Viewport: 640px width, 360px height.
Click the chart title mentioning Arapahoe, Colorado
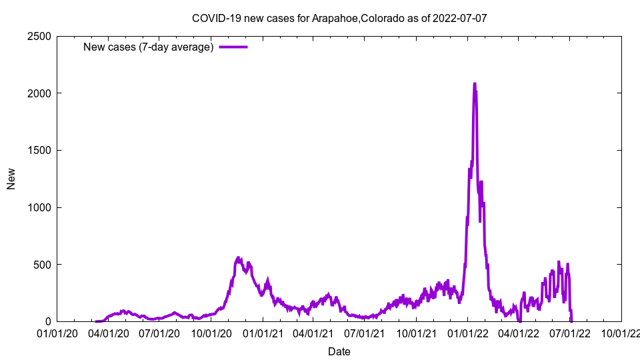(339, 18)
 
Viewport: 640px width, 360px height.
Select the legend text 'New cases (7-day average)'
(148, 47)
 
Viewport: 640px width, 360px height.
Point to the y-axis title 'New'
(11, 179)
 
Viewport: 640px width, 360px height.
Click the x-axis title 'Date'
(339, 351)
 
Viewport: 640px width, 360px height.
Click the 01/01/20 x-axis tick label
(57, 332)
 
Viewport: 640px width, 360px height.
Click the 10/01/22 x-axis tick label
(621, 332)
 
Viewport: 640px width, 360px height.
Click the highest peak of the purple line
(475, 84)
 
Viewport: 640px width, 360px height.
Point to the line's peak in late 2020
(239, 258)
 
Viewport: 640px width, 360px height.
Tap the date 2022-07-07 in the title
(459, 18)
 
